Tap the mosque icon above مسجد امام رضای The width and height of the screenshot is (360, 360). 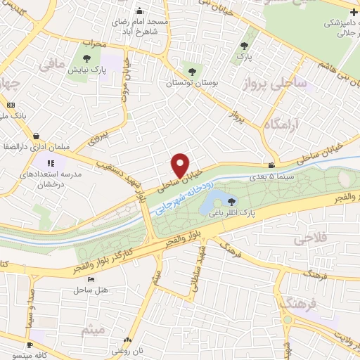(139, 11)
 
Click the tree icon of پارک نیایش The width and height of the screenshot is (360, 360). (86, 59)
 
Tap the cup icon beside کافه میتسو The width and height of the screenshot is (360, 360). (30, 345)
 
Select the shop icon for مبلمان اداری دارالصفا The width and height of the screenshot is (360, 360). (35, 136)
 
